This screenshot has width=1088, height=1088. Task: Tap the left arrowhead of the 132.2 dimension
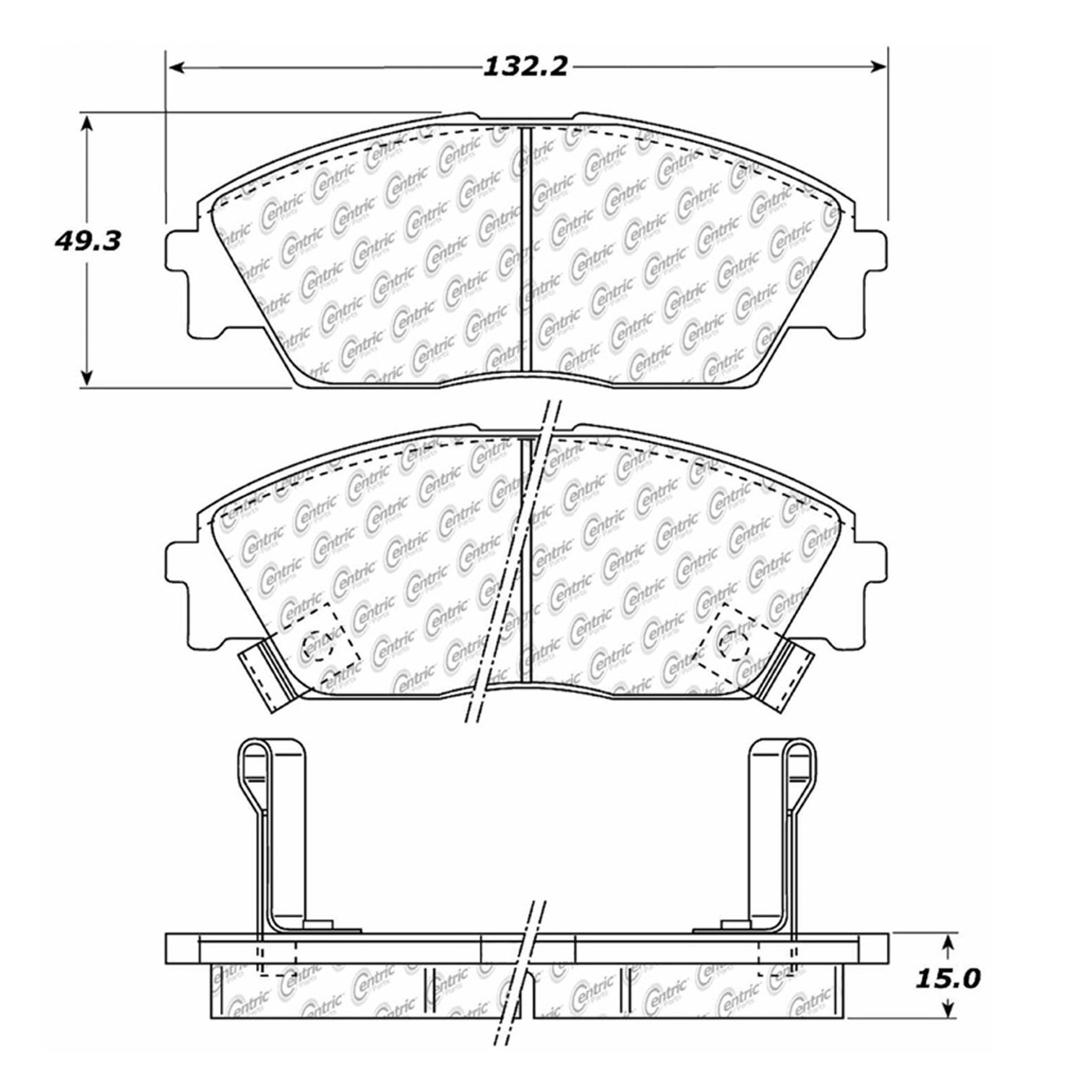(178, 67)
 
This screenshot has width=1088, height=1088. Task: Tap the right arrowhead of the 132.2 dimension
(877, 67)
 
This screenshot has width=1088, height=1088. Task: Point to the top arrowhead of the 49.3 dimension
(87, 124)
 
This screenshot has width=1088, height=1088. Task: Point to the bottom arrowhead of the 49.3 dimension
(87, 377)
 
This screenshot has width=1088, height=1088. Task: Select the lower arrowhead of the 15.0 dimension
(948, 1009)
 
